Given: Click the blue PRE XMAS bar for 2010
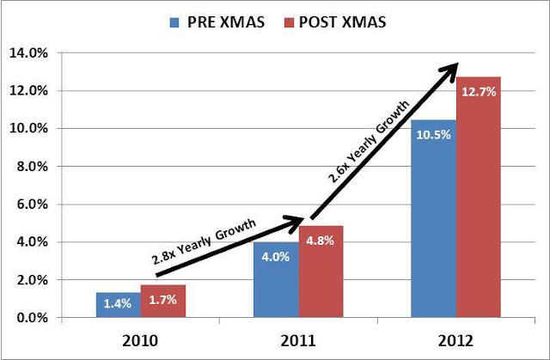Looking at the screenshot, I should pyautogui.click(x=118, y=305).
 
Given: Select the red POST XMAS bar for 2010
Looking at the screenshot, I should pyautogui.click(x=163, y=302).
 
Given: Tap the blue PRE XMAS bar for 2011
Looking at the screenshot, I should pyautogui.click(x=276, y=279).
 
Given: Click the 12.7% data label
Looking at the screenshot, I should pyautogui.click(x=478, y=91).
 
